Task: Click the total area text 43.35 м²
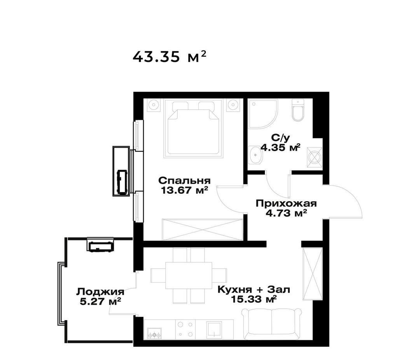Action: click(x=170, y=57)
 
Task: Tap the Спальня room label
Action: click(x=184, y=180)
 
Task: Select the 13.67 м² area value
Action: click(x=184, y=190)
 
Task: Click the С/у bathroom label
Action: click(x=280, y=138)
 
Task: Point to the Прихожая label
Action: click(x=286, y=204)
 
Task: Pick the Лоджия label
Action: click(x=100, y=292)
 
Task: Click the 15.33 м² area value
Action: click(x=254, y=299)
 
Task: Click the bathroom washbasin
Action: click(x=255, y=155)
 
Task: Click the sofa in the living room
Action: click(x=271, y=324)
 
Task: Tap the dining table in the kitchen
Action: click(x=189, y=275)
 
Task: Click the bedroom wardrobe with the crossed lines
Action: click(x=203, y=230)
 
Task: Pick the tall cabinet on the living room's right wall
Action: click(x=312, y=274)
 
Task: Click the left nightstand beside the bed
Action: click(x=154, y=105)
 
